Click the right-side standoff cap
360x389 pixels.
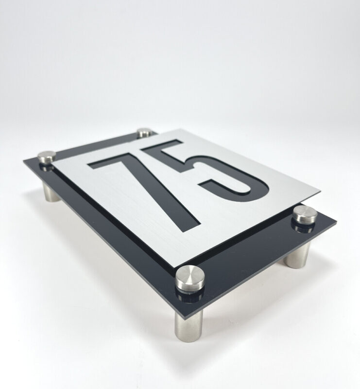point(305,215)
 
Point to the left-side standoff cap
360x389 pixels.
point(47,157)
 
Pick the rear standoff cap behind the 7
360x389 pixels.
point(145,133)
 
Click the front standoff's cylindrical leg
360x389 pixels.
point(189,325)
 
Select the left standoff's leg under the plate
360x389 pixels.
point(51,192)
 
